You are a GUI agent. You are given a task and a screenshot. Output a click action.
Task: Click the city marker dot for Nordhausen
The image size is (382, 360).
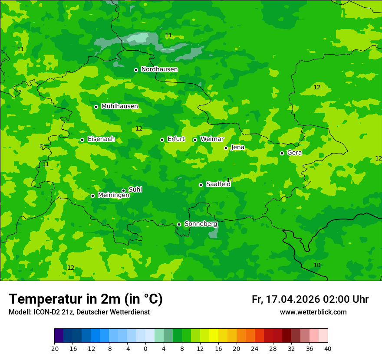(136, 70)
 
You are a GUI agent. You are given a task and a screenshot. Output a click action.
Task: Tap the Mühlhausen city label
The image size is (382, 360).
(119, 106)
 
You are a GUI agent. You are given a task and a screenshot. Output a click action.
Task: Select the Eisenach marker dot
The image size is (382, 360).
(82, 140)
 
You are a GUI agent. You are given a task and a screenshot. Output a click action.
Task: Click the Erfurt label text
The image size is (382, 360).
(176, 139)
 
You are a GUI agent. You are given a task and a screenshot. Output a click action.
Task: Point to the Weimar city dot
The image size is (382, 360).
(195, 140)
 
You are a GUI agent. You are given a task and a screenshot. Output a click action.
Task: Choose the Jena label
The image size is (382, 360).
(237, 147)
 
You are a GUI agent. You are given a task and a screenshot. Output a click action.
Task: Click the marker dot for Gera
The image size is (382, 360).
(282, 153)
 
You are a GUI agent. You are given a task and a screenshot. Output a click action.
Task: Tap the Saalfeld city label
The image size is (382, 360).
(218, 184)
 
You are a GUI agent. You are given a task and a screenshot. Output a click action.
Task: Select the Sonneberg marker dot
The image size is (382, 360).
(179, 224)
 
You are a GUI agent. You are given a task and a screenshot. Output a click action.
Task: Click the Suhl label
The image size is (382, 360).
(135, 190)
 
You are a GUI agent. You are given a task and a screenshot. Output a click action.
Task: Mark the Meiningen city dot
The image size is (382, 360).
(92, 196)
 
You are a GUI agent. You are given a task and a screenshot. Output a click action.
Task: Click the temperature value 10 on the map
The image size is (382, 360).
(317, 265)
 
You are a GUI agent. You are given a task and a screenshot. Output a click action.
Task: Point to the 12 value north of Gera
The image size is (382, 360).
(317, 87)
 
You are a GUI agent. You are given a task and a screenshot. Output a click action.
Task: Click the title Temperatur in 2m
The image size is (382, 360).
(86, 299)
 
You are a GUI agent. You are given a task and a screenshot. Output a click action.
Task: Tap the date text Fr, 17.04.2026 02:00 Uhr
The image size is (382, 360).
(310, 299)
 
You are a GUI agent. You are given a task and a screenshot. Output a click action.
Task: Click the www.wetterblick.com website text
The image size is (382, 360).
(313, 312)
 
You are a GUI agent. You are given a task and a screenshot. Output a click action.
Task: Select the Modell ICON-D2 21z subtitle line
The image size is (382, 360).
(79, 312)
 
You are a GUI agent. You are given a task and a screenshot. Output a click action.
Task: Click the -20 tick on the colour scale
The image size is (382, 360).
(54, 348)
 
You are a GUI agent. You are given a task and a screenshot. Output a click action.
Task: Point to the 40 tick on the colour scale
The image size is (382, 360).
(328, 348)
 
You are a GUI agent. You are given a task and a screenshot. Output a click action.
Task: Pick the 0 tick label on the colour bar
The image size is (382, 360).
(145, 348)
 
